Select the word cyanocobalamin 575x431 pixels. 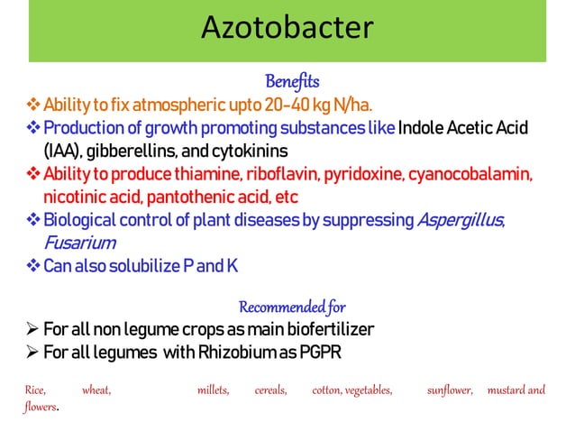pos(477,172)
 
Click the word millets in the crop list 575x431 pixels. pos(213,390)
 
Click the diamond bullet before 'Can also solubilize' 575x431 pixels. pos(30,267)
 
